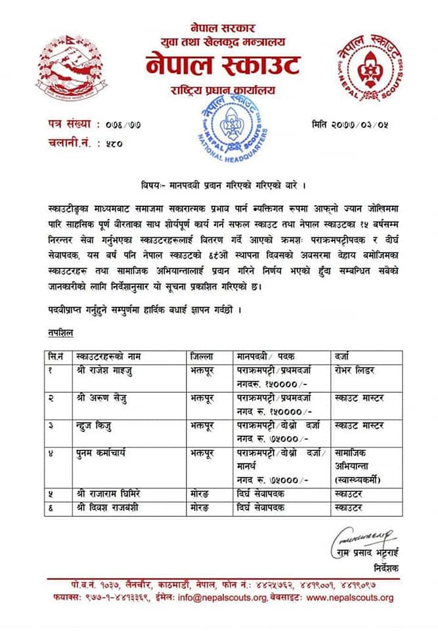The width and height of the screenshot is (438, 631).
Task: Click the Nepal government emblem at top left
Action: pyautogui.click(x=62, y=66)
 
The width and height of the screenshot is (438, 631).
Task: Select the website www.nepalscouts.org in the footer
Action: pyautogui.click(x=350, y=597)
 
